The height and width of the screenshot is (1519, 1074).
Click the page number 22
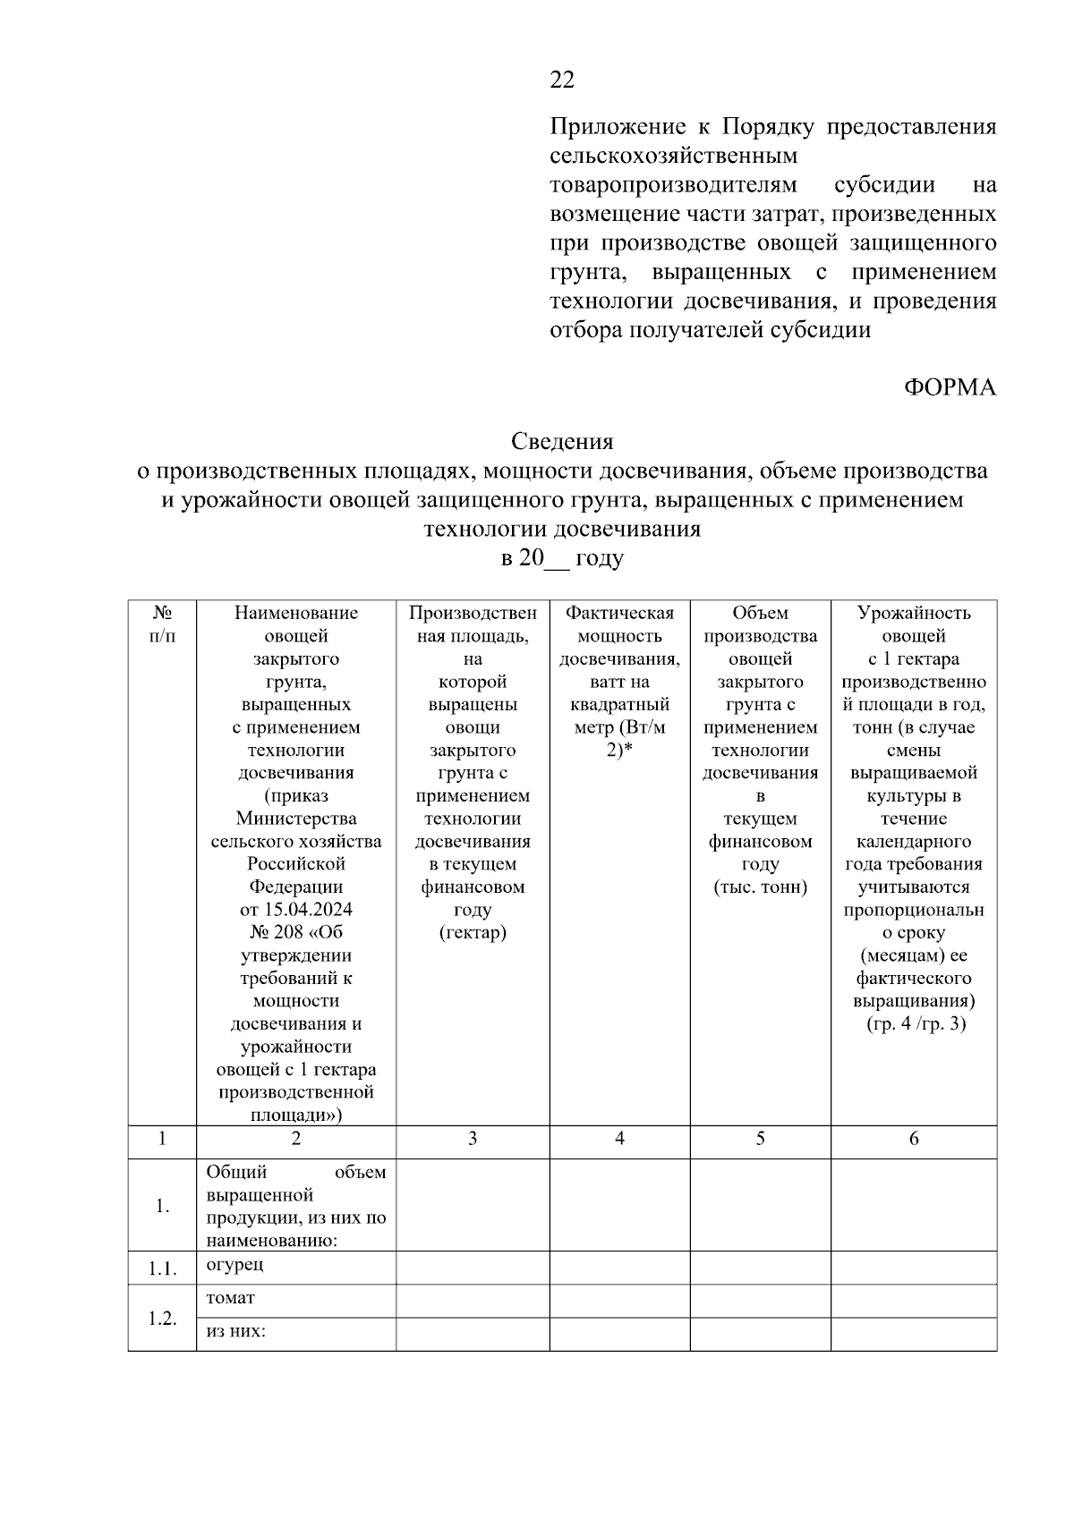(562, 81)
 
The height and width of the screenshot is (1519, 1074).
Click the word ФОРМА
(950, 387)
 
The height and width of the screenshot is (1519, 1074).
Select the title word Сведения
(562, 441)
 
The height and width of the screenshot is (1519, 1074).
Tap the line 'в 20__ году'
(562, 558)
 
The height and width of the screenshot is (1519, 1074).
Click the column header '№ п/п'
(162, 624)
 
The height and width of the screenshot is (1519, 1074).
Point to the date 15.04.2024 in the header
(296, 910)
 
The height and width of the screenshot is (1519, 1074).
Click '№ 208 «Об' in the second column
(296, 932)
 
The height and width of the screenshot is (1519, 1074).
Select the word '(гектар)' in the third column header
(473, 932)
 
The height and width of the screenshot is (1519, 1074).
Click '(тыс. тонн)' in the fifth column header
(760, 887)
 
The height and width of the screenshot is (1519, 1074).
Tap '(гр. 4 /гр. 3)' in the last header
(914, 1023)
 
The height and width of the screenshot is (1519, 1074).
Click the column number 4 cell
(619, 1139)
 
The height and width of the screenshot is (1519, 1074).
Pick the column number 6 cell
(914, 1139)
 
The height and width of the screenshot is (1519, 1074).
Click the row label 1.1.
(162, 1269)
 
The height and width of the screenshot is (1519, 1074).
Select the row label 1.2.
(162, 1319)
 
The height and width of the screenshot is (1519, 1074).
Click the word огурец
(234, 1265)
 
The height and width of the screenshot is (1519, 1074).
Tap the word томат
(231, 1298)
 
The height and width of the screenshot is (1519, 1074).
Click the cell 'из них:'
(237, 1331)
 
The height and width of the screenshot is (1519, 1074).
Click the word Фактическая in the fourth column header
(619, 613)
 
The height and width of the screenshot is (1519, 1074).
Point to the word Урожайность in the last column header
(914, 613)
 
